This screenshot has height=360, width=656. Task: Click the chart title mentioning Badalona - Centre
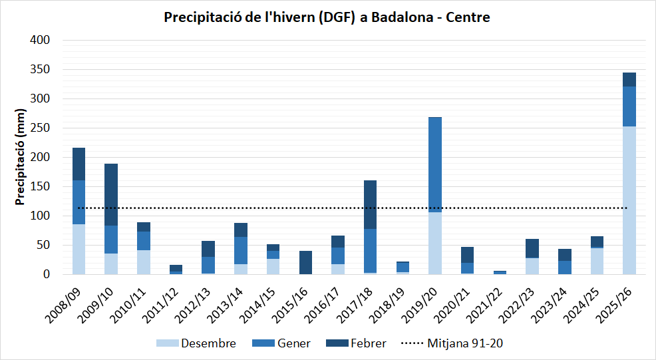click(x=327, y=18)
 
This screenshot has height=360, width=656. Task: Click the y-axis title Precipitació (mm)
click(x=19, y=157)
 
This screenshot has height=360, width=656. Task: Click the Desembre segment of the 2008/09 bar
click(x=79, y=249)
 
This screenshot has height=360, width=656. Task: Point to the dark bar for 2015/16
click(x=305, y=262)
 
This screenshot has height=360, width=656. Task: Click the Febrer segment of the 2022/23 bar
click(x=532, y=248)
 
